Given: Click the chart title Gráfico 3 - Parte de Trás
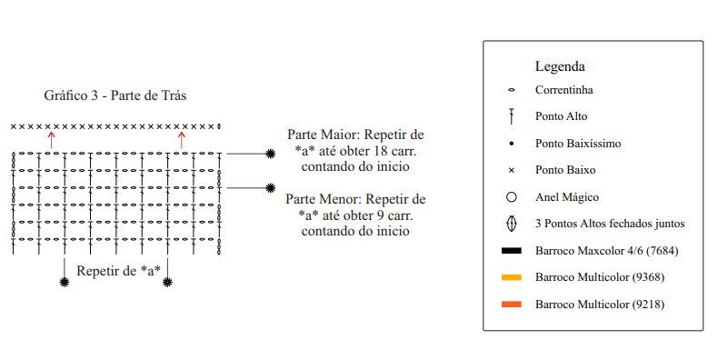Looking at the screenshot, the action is click(115, 95).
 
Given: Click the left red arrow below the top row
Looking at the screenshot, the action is click(51, 140).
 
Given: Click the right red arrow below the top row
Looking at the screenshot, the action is click(182, 140).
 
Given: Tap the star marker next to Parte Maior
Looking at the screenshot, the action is click(271, 154).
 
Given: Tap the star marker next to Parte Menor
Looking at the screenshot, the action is click(271, 188).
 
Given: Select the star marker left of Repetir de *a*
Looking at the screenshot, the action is click(65, 282).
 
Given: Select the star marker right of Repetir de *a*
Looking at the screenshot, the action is click(167, 282).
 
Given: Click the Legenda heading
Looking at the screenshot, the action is click(560, 67).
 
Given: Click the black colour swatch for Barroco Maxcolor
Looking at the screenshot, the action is click(512, 251).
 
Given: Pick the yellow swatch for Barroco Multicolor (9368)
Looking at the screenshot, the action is click(512, 277).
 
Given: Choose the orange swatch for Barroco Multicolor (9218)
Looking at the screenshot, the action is click(512, 305).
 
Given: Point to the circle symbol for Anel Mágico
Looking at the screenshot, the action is click(512, 197).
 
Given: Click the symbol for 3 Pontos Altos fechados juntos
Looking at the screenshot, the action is click(512, 224).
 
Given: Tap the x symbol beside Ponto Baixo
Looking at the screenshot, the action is click(512, 170).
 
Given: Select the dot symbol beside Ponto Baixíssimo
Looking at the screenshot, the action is click(512, 144).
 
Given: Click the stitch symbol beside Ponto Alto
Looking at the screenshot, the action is click(512, 116).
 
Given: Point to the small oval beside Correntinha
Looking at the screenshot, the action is click(512, 90).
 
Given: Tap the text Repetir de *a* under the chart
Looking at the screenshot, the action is click(118, 271).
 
